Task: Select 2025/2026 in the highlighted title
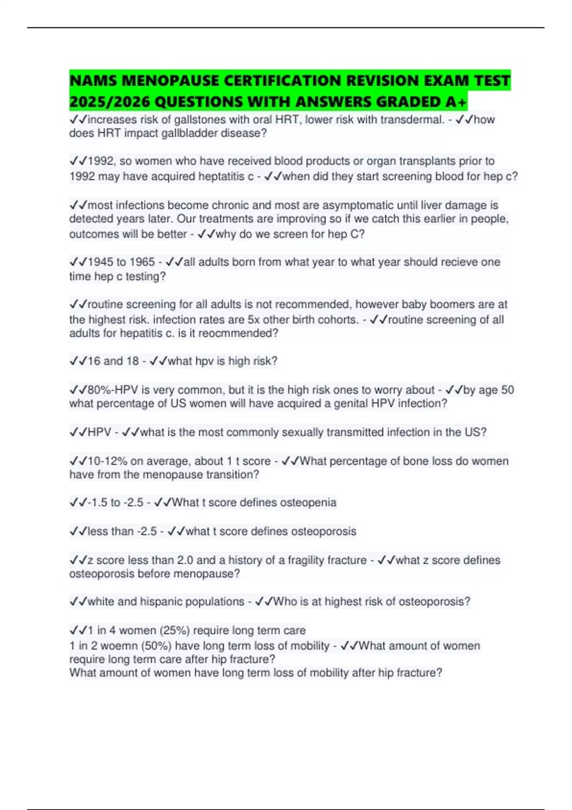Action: (x=110, y=101)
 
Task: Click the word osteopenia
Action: (x=308, y=503)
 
